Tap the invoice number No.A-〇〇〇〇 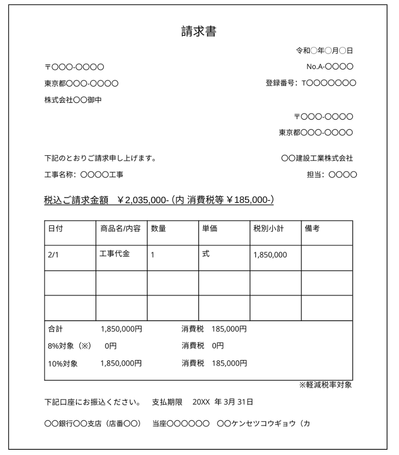(x=330, y=66)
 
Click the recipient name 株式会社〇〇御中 (x=73, y=100)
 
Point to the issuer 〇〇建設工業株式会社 (x=317, y=158)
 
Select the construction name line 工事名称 (x=84, y=175)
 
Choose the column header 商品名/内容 (x=120, y=229)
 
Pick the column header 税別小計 (x=269, y=229)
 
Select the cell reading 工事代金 (x=115, y=255)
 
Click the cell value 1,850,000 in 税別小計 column (x=270, y=255)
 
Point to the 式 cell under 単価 (x=206, y=255)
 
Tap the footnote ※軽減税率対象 (x=325, y=385)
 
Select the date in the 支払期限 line (x=223, y=402)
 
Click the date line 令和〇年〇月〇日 (x=325, y=51)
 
